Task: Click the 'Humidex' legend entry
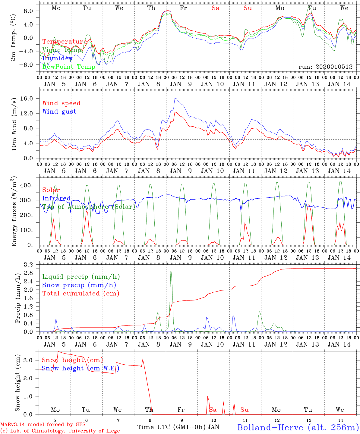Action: coord(57,58)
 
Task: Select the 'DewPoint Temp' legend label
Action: coord(69,67)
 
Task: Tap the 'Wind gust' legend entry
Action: coord(59,112)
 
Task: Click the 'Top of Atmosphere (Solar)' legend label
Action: coord(89,207)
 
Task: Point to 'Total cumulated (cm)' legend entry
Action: coord(81,293)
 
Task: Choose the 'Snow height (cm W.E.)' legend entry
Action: coord(80,368)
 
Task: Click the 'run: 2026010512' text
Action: coord(325,67)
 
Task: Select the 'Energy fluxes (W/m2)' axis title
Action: coord(14,211)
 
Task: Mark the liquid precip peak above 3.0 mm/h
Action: coord(171,267)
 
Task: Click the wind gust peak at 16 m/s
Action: coord(175,99)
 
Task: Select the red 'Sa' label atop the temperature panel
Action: coord(215,8)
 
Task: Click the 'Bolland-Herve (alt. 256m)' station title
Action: coord(298,427)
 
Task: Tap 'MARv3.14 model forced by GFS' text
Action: coord(43,425)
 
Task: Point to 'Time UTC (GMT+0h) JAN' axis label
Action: coord(178,427)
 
